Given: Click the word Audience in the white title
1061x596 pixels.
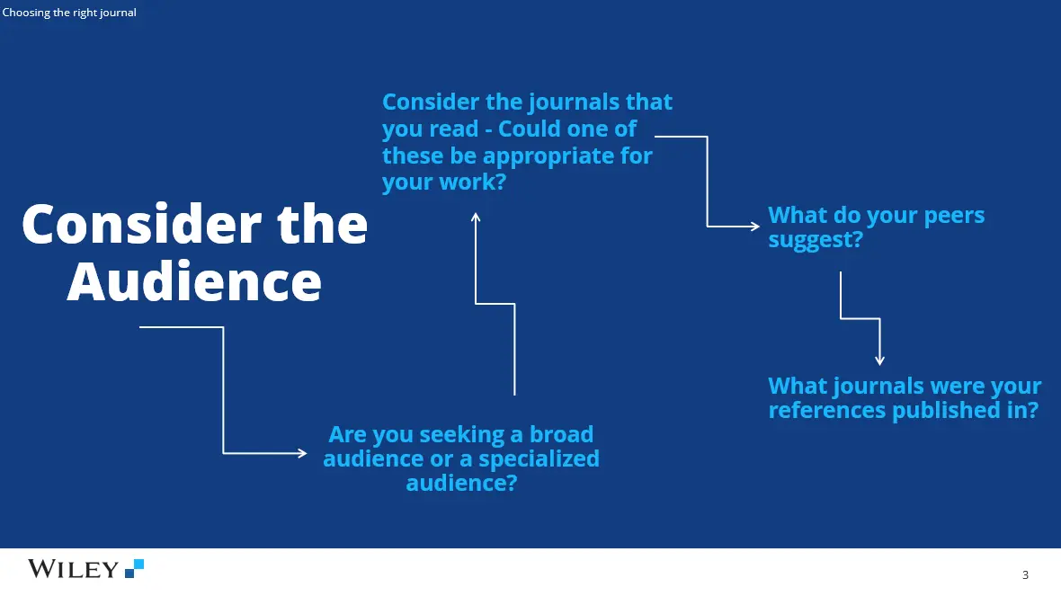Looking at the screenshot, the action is pos(194,281).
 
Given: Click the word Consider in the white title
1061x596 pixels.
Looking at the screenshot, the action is pos(142,224).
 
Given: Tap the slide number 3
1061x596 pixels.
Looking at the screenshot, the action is pos(1025,575).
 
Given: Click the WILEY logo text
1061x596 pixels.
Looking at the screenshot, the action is pos(73,569).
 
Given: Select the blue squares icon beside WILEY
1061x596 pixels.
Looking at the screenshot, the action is pos(135,568).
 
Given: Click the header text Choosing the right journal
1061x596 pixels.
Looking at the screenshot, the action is pos(69,13).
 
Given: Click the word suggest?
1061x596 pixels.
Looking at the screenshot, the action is pos(816,240).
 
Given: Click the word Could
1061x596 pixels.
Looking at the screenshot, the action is pos(528,129).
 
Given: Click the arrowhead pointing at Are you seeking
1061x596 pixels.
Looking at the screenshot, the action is pos(302,453).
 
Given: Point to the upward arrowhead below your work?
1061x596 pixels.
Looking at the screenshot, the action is pos(476,217).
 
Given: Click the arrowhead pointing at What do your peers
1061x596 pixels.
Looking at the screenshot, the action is pos(755,226).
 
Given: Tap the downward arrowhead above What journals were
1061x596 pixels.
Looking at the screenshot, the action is pos(879,360).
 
